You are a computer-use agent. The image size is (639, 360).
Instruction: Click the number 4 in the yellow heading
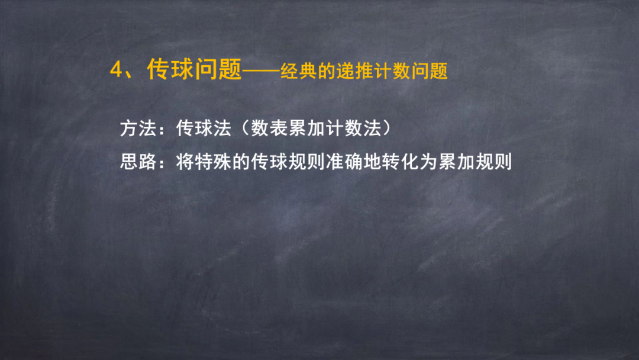[117, 70]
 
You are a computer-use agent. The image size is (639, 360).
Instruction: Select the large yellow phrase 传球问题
[195, 70]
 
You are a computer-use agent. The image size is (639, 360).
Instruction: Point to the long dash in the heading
[261, 71]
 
